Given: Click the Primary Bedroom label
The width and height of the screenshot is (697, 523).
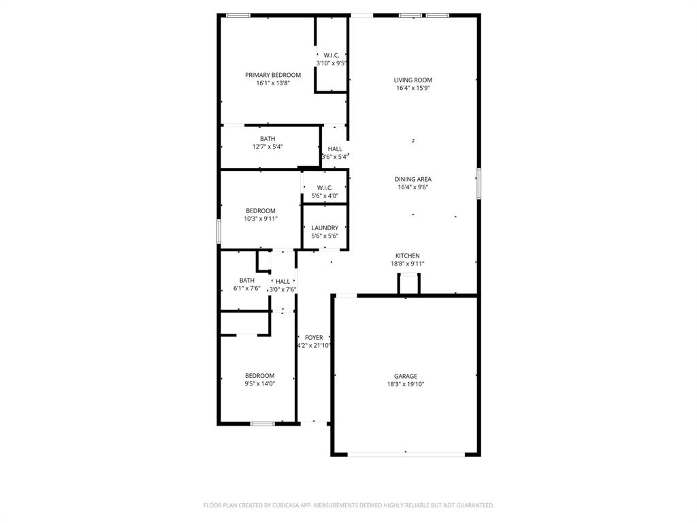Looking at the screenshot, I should click(273, 75).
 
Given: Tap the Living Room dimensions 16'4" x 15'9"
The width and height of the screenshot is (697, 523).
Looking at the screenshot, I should click(413, 88).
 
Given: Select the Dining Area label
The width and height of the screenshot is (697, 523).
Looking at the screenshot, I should click(413, 180).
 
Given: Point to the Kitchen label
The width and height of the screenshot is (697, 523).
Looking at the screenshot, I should click(408, 256).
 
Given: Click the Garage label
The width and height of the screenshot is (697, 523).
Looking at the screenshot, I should click(405, 377).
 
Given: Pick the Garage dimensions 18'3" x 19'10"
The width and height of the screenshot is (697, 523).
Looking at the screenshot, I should click(405, 385).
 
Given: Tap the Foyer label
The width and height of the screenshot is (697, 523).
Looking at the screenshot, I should click(314, 338).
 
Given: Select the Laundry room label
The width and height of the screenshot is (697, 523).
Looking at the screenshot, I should click(325, 228).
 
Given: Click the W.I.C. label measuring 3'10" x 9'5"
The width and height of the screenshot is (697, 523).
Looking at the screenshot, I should click(331, 55).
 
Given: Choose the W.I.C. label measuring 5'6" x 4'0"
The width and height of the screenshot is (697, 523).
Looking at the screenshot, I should click(325, 188).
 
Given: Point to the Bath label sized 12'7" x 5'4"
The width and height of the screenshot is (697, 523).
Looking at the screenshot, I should click(268, 139).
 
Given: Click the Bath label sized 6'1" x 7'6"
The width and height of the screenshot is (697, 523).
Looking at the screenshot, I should click(246, 281).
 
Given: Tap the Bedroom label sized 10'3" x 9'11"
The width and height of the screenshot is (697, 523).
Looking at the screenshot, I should click(261, 211).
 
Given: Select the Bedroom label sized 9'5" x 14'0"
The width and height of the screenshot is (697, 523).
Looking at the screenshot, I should click(260, 376).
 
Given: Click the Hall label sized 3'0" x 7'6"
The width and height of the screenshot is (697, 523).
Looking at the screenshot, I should click(282, 281).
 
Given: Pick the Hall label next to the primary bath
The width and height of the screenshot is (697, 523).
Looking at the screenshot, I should click(335, 149).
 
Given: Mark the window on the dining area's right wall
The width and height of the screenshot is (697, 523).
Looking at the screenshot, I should click(479, 184).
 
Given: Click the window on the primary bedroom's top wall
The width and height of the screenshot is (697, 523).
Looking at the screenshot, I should click(238, 15).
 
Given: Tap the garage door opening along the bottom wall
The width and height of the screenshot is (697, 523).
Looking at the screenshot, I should click(406, 454).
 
